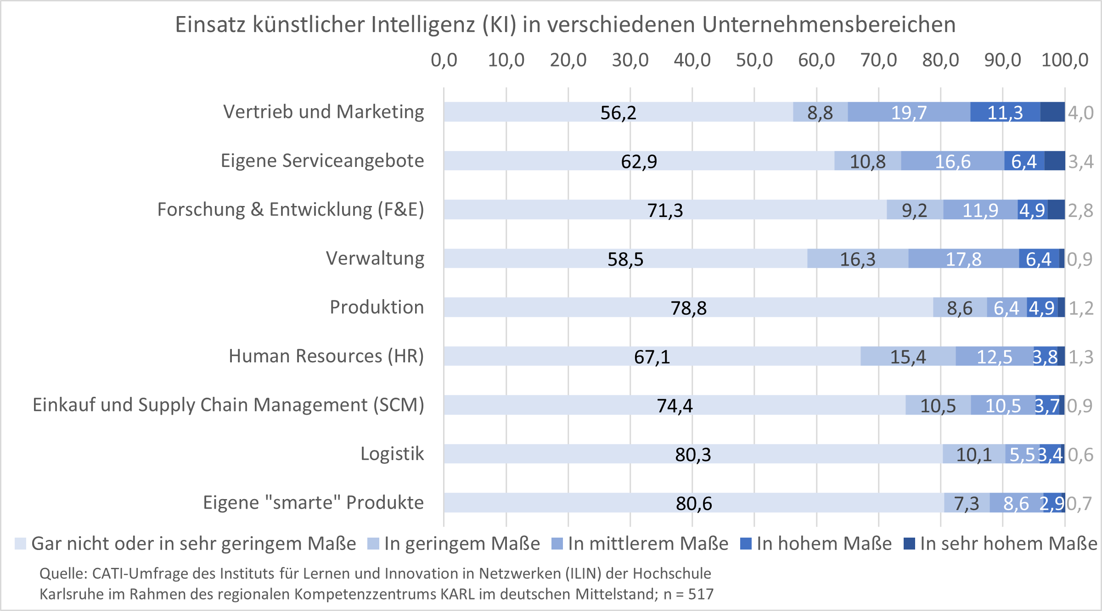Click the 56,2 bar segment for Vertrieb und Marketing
click(618, 112)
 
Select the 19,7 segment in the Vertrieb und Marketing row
click(909, 112)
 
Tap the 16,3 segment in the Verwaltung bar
click(857, 259)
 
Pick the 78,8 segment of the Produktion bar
click(688, 307)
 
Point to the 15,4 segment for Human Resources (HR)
click(908, 356)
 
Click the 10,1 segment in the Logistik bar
click(973, 454)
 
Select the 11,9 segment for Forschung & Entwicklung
click(980, 210)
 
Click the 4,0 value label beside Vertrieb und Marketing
click(1080, 112)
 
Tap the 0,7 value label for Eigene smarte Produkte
click(1079, 503)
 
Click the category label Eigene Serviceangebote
click(322, 161)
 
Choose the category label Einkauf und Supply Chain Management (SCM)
click(228, 405)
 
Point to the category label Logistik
click(392, 454)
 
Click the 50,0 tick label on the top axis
click(754, 60)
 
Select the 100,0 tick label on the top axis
click(1064, 60)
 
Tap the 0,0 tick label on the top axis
click(444, 60)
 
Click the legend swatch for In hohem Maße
click(746, 544)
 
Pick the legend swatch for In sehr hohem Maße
click(909, 544)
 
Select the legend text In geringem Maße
click(462, 544)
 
